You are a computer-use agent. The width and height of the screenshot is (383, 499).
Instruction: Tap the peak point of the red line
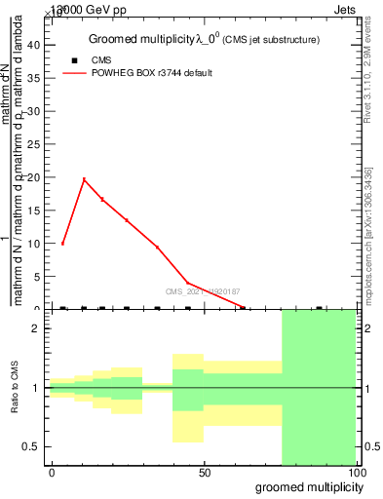pyautogui.click(x=84, y=179)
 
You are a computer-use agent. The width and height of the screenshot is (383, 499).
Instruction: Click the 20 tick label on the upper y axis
pyautogui.click(x=35, y=177)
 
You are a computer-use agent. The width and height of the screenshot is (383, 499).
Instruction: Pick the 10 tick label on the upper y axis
pyautogui.click(x=35, y=244)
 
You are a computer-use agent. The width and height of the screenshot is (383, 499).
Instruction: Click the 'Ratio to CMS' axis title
pyautogui.click(x=16, y=388)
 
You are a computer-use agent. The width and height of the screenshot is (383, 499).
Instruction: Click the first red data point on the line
pyautogui.click(x=62, y=243)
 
